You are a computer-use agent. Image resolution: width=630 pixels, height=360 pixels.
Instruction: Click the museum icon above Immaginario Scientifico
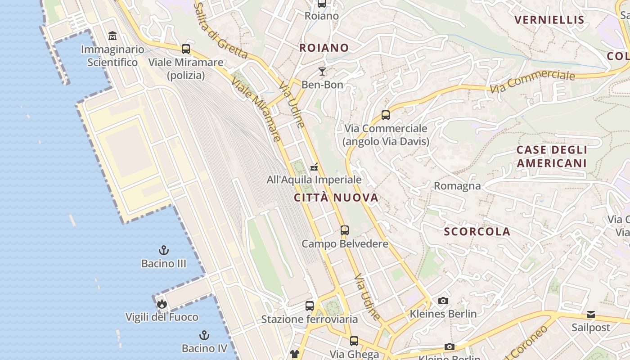tap(112, 36)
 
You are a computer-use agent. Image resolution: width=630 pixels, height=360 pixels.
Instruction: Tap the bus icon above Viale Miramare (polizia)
tap(185, 49)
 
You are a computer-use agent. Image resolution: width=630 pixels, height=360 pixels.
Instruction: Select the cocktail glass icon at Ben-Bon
tap(322, 71)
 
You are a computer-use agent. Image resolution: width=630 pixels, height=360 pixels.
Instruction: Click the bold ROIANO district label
tap(324, 48)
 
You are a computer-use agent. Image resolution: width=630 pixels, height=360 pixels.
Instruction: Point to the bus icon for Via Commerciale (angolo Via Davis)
tap(386, 115)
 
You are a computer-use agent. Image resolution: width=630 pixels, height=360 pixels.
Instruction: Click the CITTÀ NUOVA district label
tap(336, 198)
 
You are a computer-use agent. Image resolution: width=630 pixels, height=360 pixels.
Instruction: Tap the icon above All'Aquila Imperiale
tap(314, 167)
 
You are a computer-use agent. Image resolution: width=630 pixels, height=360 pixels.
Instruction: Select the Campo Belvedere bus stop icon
tap(345, 230)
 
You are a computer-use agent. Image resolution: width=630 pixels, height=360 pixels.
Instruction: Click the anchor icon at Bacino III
tap(164, 250)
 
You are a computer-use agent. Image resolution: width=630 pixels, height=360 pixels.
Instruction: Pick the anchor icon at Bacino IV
tap(204, 335)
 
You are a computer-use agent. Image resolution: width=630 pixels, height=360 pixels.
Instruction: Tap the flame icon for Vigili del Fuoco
tap(162, 304)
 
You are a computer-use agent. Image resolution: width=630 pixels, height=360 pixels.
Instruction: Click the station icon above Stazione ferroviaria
tap(310, 306)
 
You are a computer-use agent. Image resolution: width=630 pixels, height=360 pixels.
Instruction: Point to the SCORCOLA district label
tap(477, 232)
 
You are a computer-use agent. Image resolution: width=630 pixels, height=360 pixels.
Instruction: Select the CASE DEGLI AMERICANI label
tap(552, 156)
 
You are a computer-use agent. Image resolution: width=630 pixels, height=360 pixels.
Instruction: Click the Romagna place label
tap(457, 185)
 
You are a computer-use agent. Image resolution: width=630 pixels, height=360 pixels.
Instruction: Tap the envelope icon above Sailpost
tap(590, 314)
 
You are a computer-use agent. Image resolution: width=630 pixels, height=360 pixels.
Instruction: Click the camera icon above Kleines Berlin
tap(443, 301)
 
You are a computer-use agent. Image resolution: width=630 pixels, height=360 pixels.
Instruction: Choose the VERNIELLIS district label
tap(549, 20)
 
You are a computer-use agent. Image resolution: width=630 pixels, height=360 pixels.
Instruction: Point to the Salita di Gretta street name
tap(220, 31)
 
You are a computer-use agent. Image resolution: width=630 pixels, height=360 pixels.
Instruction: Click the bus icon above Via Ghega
tap(354, 341)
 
